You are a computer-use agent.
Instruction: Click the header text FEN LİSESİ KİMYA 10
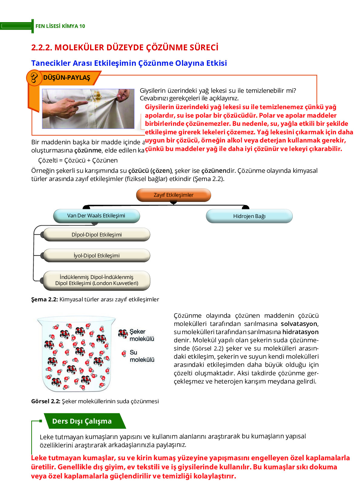click(60, 26)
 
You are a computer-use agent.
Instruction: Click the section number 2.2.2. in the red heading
click(42, 48)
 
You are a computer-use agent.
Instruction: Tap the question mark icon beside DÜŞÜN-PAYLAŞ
click(34, 78)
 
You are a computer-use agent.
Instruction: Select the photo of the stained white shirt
click(88, 109)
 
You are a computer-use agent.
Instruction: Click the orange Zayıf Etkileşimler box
click(173, 195)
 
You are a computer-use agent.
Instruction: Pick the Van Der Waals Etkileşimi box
click(96, 216)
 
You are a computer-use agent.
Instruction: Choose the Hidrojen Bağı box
click(249, 216)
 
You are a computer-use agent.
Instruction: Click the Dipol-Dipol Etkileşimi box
click(96, 235)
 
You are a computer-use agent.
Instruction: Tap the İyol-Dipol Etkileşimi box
click(96, 256)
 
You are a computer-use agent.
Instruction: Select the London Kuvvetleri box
click(96, 280)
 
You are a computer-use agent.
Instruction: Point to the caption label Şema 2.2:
click(44, 300)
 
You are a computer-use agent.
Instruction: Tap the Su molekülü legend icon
click(124, 354)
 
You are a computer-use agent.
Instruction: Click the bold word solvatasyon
click(299, 324)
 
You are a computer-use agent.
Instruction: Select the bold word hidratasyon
click(300, 332)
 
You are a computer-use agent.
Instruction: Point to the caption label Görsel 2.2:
click(45, 401)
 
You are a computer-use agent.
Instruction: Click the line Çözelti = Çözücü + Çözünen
click(78, 160)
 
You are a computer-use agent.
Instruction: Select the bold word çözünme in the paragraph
click(88, 151)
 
